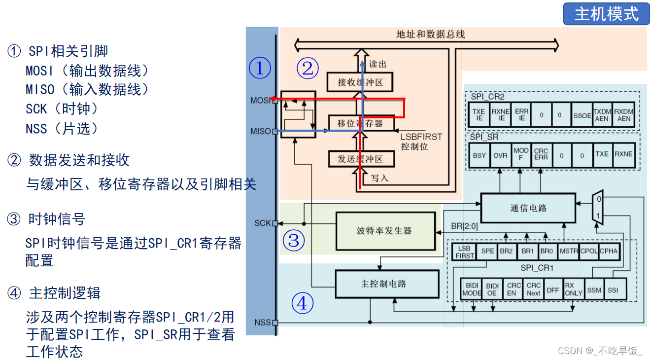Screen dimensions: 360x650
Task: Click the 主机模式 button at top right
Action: point(606,14)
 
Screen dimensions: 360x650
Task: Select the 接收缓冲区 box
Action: point(360,82)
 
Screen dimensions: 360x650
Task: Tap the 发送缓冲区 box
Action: point(360,159)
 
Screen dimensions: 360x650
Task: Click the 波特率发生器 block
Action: point(385,231)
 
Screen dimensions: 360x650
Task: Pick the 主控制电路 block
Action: point(386,284)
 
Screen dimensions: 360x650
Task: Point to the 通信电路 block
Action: point(528,208)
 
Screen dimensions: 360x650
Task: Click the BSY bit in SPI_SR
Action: point(479,155)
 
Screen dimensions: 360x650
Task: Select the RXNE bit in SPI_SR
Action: point(623,154)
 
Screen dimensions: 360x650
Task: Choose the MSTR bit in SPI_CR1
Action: point(569,251)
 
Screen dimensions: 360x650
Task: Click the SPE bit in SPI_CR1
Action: point(487,251)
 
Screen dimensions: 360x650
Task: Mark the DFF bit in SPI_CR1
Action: point(553,290)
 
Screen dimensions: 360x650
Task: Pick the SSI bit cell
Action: point(613,290)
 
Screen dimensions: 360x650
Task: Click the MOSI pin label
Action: point(260,100)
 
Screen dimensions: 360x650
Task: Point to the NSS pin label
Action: point(262,323)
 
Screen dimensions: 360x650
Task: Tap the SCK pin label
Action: point(263,223)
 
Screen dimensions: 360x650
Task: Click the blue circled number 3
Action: point(294,241)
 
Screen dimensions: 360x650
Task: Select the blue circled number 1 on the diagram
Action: point(260,68)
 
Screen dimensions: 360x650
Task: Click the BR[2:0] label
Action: point(464,226)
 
